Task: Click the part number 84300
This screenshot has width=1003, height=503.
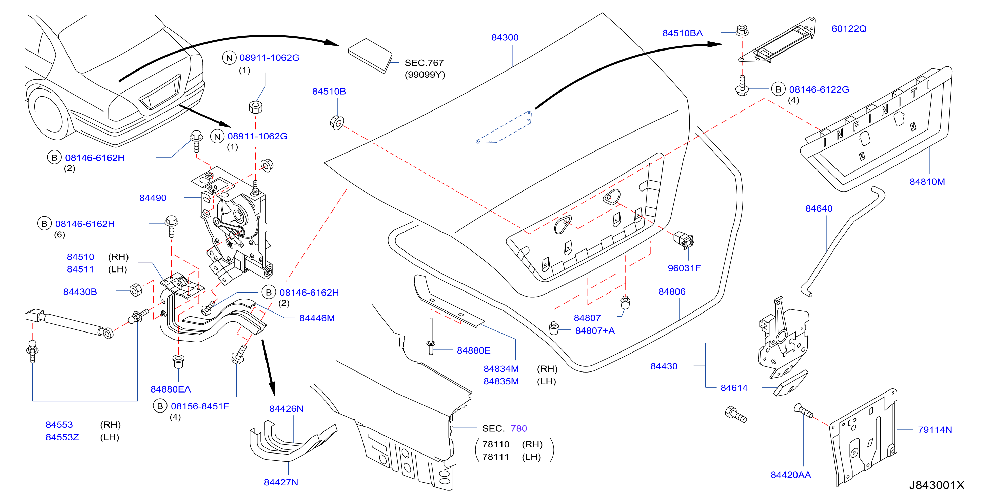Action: [505, 37]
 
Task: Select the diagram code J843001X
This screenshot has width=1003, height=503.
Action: [937, 485]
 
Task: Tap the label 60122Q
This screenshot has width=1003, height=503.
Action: [849, 29]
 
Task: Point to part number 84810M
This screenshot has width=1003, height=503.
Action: [927, 182]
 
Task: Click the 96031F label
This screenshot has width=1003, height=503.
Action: [684, 268]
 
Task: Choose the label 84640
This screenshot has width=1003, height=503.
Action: [819, 209]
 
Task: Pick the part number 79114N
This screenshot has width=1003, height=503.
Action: [935, 430]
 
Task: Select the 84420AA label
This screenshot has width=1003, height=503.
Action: [791, 475]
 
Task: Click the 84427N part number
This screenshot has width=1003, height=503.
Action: [281, 482]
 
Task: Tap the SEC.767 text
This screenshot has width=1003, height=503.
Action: [424, 63]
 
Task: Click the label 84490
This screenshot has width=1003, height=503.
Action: [153, 198]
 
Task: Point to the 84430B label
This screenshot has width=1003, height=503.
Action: [80, 292]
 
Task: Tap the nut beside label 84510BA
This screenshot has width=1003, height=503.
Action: [742, 31]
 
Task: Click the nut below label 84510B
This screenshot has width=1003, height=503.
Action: [337, 123]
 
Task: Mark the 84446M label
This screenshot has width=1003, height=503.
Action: [317, 318]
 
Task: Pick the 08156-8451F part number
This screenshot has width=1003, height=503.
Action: [200, 406]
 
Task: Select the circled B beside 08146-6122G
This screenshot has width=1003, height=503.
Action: [778, 89]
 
